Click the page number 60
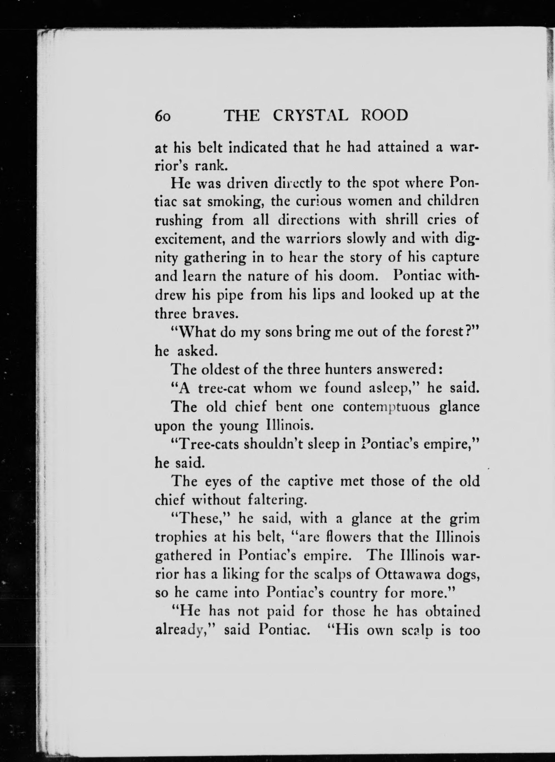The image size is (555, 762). tap(163, 116)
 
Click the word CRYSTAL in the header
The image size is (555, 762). tap(310, 116)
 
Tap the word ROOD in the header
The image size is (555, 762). tap(384, 116)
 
